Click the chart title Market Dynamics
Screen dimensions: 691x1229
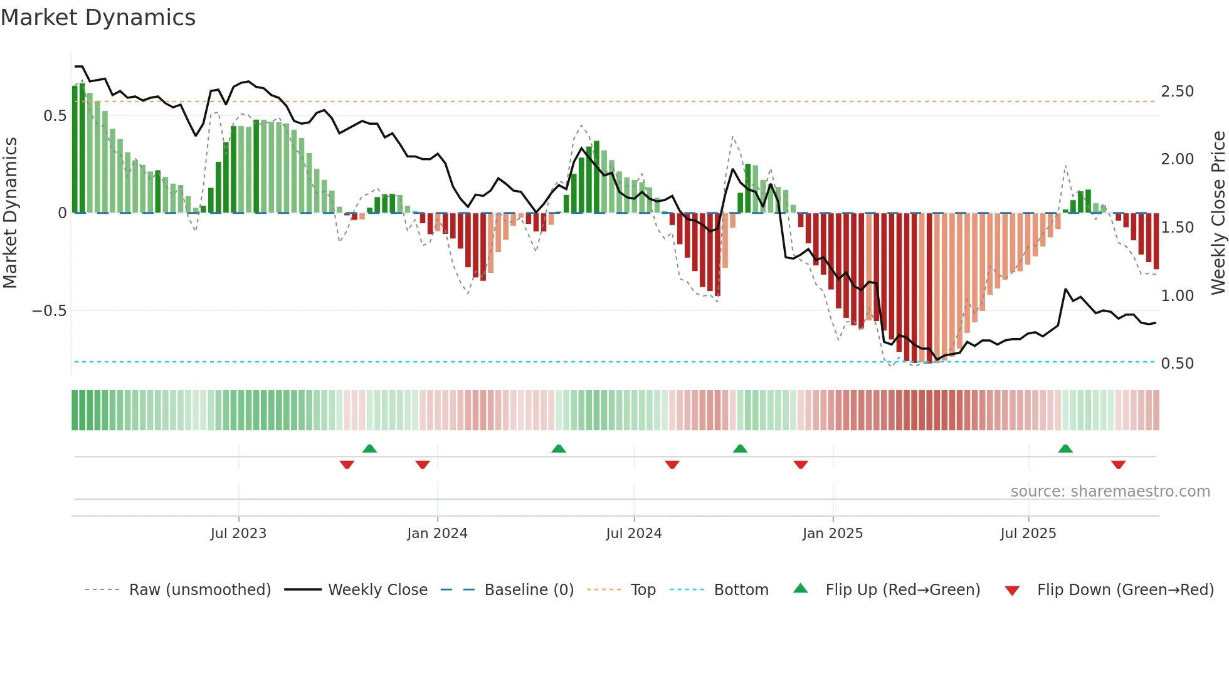pyautogui.click(x=98, y=18)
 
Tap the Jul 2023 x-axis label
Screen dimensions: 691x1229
pyautogui.click(x=238, y=534)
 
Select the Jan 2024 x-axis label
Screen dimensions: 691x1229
pyautogui.click(x=437, y=534)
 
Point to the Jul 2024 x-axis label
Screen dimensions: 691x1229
pyautogui.click(x=634, y=534)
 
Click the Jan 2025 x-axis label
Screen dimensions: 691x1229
pyautogui.click(x=833, y=534)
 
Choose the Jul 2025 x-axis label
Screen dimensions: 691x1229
pyautogui.click(x=1028, y=534)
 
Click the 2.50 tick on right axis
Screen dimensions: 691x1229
pyautogui.click(x=1177, y=92)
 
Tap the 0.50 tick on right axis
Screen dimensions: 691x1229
pyautogui.click(x=1177, y=364)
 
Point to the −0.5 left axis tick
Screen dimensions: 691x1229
pyautogui.click(x=49, y=311)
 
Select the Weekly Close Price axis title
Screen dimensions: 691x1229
pyautogui.click(x=1218, y=213)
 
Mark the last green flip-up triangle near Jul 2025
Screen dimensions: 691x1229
pyautogui.click(x=1065, y=448)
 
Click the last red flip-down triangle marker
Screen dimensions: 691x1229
pyautogui.click(x=1118, y=465)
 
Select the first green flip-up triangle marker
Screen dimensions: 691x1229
pyautogui.click(x=369, y=448)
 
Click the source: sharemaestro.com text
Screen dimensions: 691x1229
pyautogui.click(x=1110, y=492)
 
